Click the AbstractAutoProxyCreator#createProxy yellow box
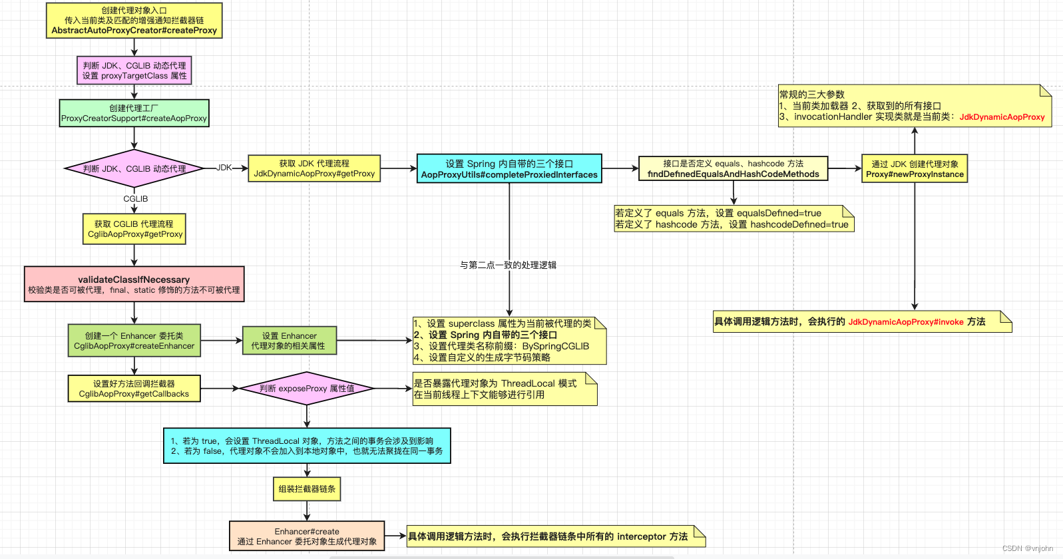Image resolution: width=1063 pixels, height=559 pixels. (134, 21)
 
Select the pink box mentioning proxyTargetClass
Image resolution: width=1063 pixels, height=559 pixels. (134, 71)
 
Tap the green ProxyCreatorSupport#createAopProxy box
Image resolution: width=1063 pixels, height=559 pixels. (134, 113)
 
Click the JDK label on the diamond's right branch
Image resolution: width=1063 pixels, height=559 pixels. (224, 168)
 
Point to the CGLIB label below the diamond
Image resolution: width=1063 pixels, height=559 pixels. (135, 199)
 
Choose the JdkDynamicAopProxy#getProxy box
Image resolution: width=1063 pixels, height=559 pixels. (314, 168)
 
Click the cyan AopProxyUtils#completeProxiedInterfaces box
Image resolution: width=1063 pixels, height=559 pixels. (509, 169)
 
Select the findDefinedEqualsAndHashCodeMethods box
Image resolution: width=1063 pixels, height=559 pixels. (733, 169)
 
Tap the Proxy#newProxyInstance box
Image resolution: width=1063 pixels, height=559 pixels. (915, 169)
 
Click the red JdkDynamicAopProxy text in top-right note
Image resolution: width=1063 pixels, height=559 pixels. (1002, 117)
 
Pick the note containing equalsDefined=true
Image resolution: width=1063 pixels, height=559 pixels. (733, 219)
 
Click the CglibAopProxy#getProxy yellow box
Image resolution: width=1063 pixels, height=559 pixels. (134, 229)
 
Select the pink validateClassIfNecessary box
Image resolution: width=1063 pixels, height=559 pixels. (134, 284)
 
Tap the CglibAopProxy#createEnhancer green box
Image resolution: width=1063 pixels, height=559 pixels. (134, 341)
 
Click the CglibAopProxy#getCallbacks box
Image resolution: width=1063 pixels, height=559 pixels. (134, 389)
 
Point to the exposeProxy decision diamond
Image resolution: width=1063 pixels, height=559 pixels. (307, 388)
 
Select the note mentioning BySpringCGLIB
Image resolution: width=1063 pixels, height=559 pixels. (509, 341)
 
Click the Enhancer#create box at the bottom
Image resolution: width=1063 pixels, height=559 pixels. (307, 536)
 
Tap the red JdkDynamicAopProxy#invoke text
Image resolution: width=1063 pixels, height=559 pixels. (905, 322)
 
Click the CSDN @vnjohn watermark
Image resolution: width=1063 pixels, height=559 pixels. (1027, 548)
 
